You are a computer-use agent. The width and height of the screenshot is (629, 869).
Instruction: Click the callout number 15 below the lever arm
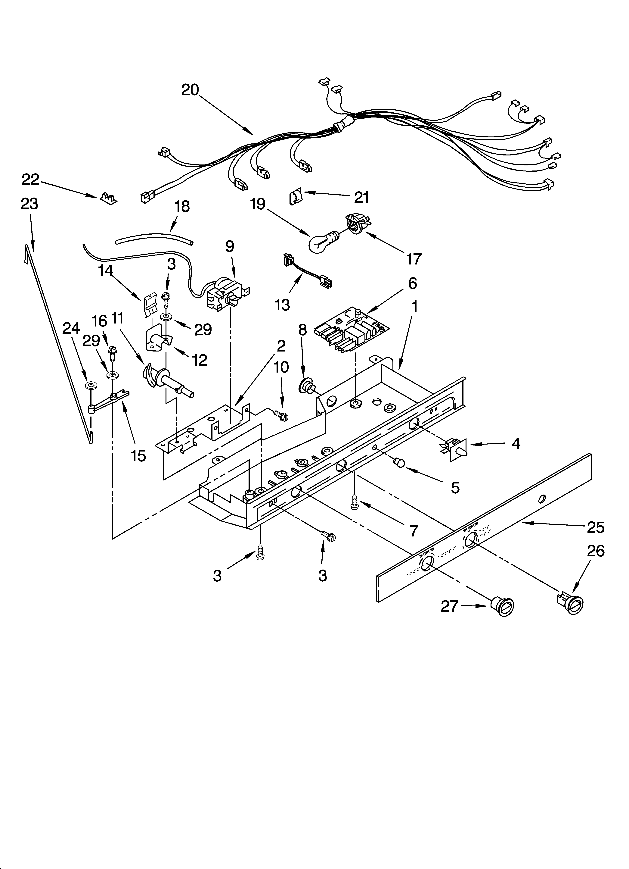click(x=138, y=456)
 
